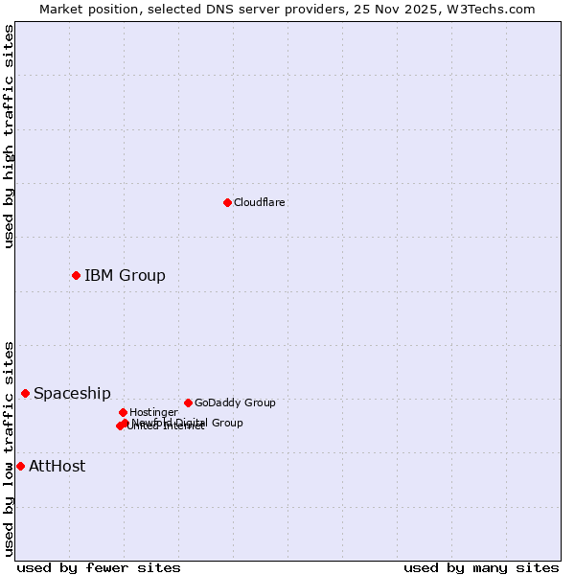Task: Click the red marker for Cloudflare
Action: [x=227, y=202]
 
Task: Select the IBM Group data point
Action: [x=76, y=275]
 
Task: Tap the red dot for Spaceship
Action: [x=25, y=393]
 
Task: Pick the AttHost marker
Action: [x=20, y=466]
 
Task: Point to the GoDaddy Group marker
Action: [x=188, y=402]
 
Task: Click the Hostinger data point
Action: [x=123, y=412]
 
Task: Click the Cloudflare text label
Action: [x=259, y=202]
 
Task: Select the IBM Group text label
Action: [x=125, y=276]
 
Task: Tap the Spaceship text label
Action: [x=72, y=394]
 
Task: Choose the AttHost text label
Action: [x=57, y=467]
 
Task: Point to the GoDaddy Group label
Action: [x=235, y=402]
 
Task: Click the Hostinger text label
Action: [x=153, y=412]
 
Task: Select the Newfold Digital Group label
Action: [x=188, y=422]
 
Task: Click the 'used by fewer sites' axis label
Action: [x=99, y=568]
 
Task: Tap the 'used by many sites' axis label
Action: [x=481, y=568]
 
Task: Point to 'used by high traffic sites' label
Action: [x=9, y=136]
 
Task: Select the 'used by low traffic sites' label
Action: [x=9, y=448]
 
